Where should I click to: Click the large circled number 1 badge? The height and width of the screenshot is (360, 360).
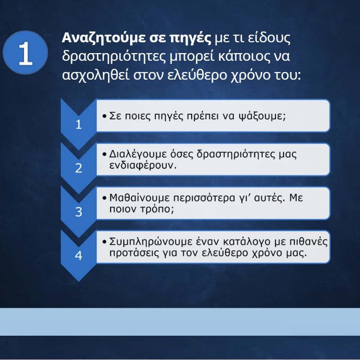pos(25,53)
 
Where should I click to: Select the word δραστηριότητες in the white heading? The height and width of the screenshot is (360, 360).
pos(114,56)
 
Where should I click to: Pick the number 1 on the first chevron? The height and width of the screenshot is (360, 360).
pos(79,125)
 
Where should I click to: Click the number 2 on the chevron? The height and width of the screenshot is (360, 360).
pos(79,168)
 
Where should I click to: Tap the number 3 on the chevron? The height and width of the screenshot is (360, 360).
pos(79,212)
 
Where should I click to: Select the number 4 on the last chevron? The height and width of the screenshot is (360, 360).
pos(79,256)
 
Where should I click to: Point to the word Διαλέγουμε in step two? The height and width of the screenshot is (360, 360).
pos(138,154)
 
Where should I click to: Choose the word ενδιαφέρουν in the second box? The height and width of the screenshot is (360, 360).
pos(143,165)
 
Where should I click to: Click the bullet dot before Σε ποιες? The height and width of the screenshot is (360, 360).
pos(105,116)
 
